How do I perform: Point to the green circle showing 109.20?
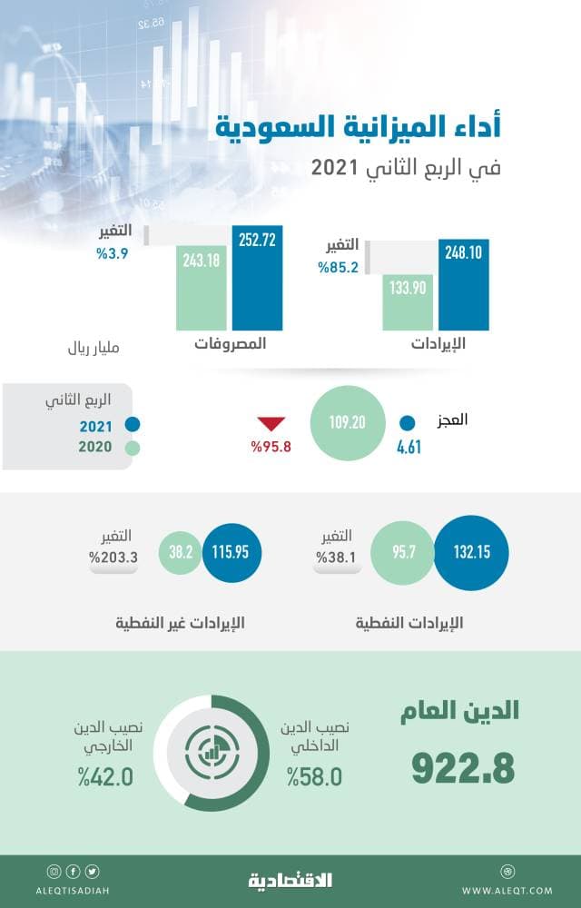coord(346,423)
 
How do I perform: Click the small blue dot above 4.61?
coord(408,422)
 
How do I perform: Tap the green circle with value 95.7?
coord(402,552)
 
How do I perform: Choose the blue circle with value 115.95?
coord(231,552)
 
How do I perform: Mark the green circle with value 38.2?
coord(179,552)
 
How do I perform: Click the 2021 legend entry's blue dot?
coord(133,424)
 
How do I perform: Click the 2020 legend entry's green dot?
coord(133,448)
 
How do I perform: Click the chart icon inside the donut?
coord(212,753)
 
